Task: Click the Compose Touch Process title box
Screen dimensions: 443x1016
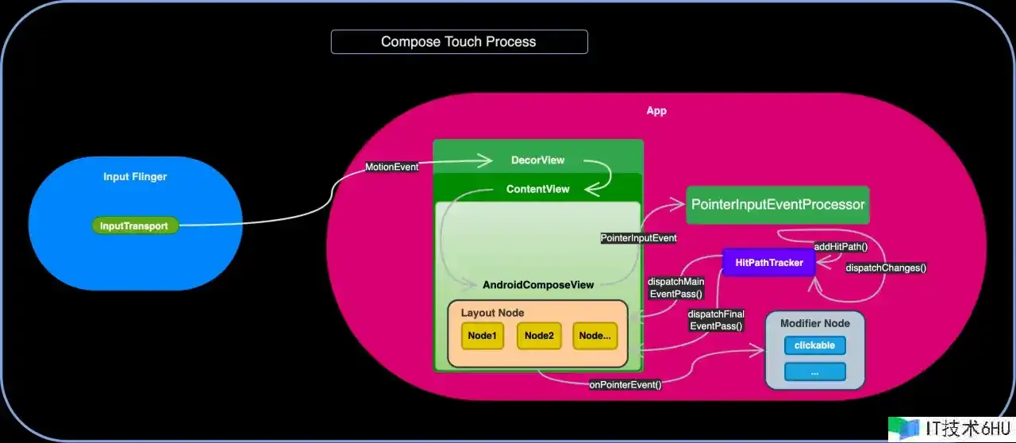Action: [459, 42]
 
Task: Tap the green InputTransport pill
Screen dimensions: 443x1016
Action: [134, 226]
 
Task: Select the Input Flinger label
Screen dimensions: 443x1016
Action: [135, 177]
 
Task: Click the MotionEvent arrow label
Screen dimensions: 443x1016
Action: [391, 168]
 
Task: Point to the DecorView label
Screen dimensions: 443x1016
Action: [537, 160]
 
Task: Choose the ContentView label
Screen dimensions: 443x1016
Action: [537, 189]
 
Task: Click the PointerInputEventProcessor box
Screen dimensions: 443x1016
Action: [777, 205]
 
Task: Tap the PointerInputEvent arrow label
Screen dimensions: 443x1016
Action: [638, 237]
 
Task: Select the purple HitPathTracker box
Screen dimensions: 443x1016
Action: [769, 263]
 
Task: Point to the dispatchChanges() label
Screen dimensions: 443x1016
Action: [886, 268]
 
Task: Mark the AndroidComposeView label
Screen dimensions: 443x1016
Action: [537, 285]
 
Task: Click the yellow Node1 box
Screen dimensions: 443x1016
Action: [482, 336]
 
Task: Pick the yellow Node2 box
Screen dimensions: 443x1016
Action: [538, 336]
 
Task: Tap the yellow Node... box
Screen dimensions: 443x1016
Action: [595, 336]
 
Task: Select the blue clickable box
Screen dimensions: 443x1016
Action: [814, 345]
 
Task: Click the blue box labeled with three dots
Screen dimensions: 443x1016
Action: [814, 372]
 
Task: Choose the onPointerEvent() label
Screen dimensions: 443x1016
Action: [625, 385]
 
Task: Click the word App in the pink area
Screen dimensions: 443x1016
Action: [656, 111]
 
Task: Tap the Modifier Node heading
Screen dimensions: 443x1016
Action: [814, 323]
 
